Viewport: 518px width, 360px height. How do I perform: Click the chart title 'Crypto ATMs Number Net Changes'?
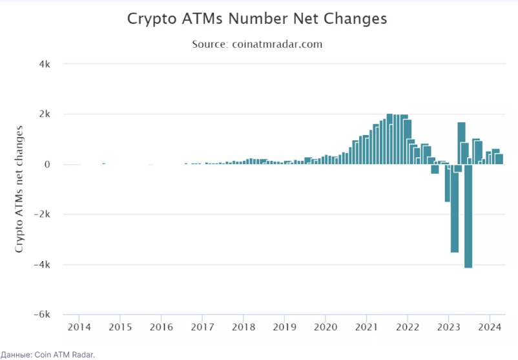[257, 19]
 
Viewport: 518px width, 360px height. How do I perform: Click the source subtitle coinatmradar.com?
[257, 45]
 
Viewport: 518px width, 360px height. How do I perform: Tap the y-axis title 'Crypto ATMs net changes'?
[19, 189]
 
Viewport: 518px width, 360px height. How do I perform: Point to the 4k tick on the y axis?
[45, 64]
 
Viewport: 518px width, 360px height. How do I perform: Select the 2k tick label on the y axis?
[45, 114]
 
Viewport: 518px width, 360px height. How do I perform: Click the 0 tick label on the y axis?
[47, 164]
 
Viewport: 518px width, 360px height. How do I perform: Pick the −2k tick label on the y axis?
[42, 214]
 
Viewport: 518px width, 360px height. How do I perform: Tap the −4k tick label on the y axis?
[42, 264]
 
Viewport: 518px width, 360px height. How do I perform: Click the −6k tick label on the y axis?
[42, 314]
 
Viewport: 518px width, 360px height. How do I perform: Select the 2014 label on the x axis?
[79, 327]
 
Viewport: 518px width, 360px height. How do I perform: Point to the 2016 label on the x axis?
[161, 327]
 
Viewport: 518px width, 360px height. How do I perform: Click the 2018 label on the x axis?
[243, 327]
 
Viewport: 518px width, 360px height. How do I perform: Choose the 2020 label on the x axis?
[326, 327]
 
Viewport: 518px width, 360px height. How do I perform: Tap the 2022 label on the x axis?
[408, 327]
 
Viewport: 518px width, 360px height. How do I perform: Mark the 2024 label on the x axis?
[490, 327]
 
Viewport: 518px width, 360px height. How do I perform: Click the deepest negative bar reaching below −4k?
[468, 217]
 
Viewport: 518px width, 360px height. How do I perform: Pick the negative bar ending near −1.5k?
[447, 183]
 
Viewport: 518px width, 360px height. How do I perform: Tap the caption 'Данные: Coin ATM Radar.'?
[48, 355]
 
